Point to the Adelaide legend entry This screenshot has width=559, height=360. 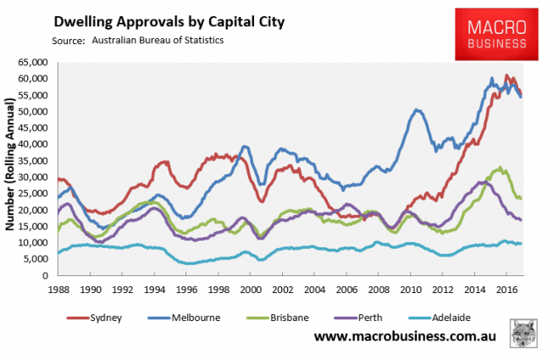449,317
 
